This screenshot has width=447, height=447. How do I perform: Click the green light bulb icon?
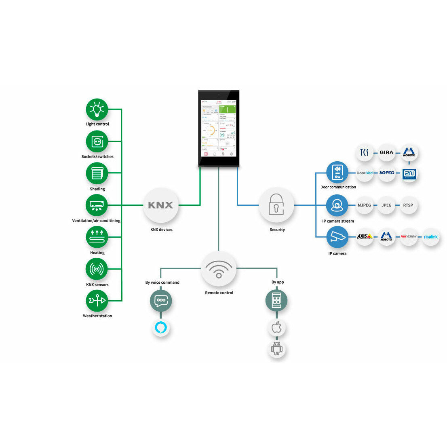97,110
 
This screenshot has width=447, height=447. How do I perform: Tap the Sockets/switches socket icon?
97,141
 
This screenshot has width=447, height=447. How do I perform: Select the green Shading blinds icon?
97,173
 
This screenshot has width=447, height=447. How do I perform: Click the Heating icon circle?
97,237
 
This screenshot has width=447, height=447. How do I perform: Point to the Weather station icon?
97,301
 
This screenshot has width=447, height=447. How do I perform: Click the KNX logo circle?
161,205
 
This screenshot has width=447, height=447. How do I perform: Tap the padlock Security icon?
276,205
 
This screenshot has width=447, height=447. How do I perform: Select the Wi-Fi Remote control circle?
219,269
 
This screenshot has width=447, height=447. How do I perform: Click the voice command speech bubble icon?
161,301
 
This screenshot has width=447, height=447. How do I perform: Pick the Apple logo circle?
276,327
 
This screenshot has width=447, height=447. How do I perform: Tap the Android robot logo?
276,348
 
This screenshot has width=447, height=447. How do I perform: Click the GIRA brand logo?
386,153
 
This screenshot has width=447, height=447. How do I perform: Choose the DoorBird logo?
365,173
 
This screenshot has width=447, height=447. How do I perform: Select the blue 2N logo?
409,173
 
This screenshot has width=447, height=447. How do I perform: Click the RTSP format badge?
408,205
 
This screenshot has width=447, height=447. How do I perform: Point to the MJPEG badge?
364,205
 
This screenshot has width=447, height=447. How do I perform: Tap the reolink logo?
431,237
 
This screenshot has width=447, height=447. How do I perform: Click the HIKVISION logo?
409,237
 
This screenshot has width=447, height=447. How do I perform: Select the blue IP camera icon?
337,237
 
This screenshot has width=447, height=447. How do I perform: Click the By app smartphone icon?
276,301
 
